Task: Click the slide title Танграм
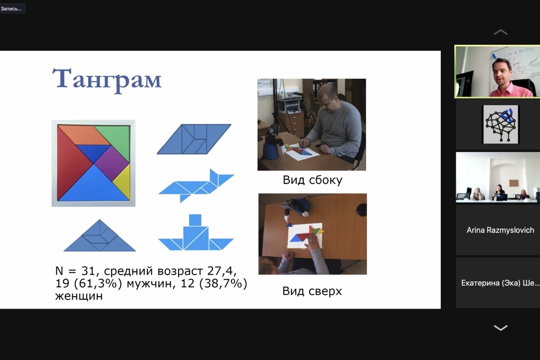point(107,79)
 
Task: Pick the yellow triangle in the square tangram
point(123,181)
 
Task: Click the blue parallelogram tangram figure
point(194,139)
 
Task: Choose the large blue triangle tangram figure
point(100,236)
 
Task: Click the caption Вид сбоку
point(312,180)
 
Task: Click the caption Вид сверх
point(312,291)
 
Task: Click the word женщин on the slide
point(79,296)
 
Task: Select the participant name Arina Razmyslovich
point(500,230)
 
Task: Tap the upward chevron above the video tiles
point(500,32)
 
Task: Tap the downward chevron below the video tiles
point(500,328)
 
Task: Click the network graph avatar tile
point(500,125)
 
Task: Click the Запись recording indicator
point(11,8)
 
